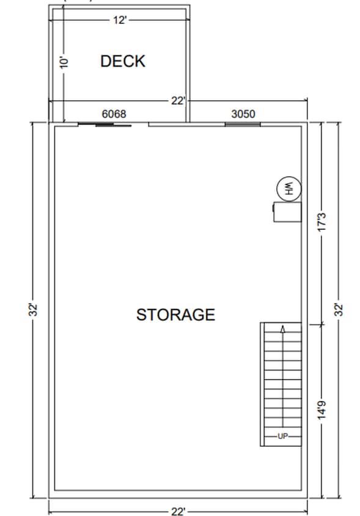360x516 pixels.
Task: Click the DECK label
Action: pyautogui.click(x=123, y=61)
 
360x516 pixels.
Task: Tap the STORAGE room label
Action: pyautogui.click(x=175, y=315)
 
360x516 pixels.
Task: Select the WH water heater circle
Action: pyautogui.click(x=287, y=188)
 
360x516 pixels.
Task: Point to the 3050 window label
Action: pyautogui.click(x=243, y=114)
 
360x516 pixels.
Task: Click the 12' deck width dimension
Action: pyautogui.click(x=119, y=20)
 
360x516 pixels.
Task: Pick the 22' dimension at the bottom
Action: pyautogui.click(x=177, y=510)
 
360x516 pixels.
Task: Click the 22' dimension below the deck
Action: pyautogui.click(x=177, y=101)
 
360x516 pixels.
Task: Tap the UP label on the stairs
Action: pyautogui.click(x=282, y=436)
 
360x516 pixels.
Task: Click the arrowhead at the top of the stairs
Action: pyautogui.click(x=282, y=329)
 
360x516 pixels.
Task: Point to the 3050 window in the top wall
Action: pyautogui.click(x=243, y=124)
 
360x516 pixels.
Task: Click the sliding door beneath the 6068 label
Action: pyautogui.click(x=105, y=125)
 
